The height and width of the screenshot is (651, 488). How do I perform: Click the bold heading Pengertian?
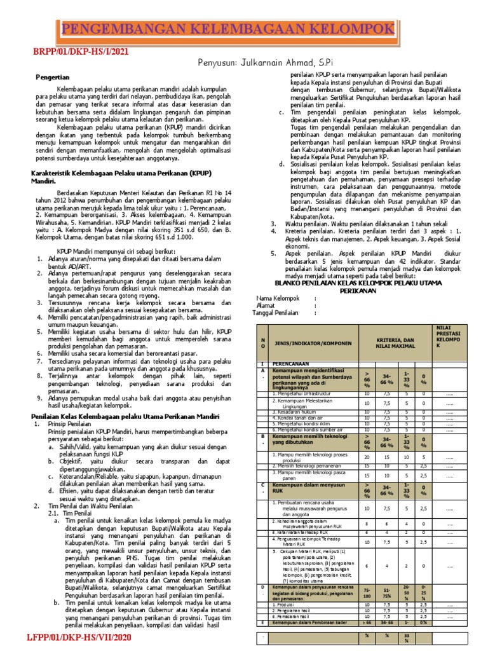point(52,76)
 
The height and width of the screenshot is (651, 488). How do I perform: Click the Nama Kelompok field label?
point(278,298)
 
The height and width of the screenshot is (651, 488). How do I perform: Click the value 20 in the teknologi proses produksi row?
point(367,456)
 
